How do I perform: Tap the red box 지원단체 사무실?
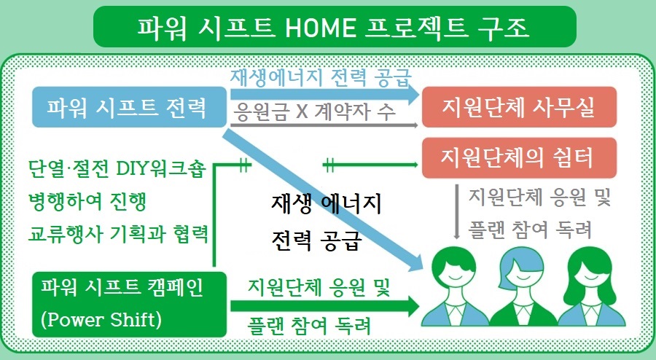519,109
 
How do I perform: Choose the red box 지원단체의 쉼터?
519,157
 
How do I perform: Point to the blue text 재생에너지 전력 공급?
320,77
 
